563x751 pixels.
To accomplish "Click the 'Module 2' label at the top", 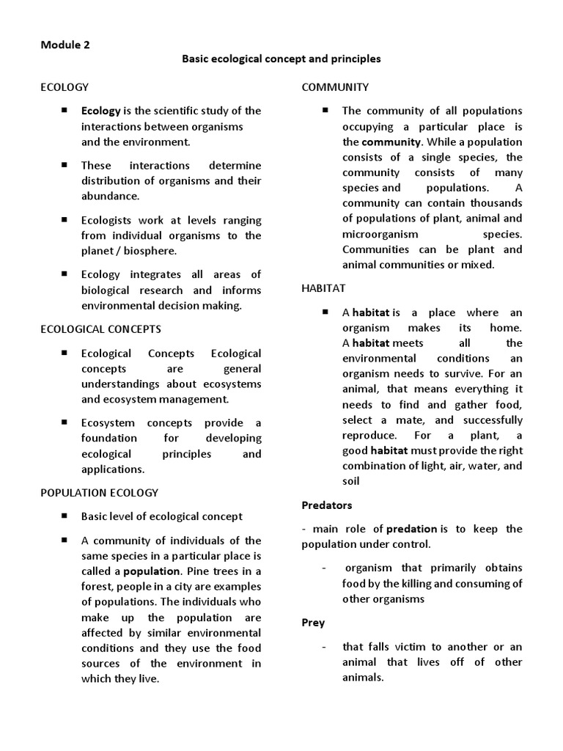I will (x=65, y=44).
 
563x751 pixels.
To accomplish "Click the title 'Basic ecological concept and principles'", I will (x=281, y=59).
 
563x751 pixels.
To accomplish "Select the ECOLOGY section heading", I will (x=64, y=87).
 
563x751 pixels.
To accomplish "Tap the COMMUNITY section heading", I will (x=335, y=87).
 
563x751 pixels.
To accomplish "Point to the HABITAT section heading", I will (x=323, y=289).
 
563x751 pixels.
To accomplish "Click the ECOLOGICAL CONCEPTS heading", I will (x=100, y=329).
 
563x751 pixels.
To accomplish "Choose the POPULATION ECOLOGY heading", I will (x=99, y=493).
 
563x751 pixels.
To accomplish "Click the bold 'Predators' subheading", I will (x=327, y=505).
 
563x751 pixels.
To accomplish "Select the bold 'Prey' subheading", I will (x=313, y=623).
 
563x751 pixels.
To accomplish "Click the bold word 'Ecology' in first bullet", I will (x=100, y=111).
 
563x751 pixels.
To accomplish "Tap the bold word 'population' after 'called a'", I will (x=152, y=571).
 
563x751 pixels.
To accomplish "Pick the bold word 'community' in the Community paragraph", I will (x=391, y=142).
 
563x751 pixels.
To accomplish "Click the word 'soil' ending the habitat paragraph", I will (x=352, y=482).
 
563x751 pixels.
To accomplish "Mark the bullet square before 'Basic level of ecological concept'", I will (x=65, y=516).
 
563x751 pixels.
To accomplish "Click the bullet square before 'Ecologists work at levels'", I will (x=65, y=219).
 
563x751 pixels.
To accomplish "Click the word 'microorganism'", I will (x=380, y=234).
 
